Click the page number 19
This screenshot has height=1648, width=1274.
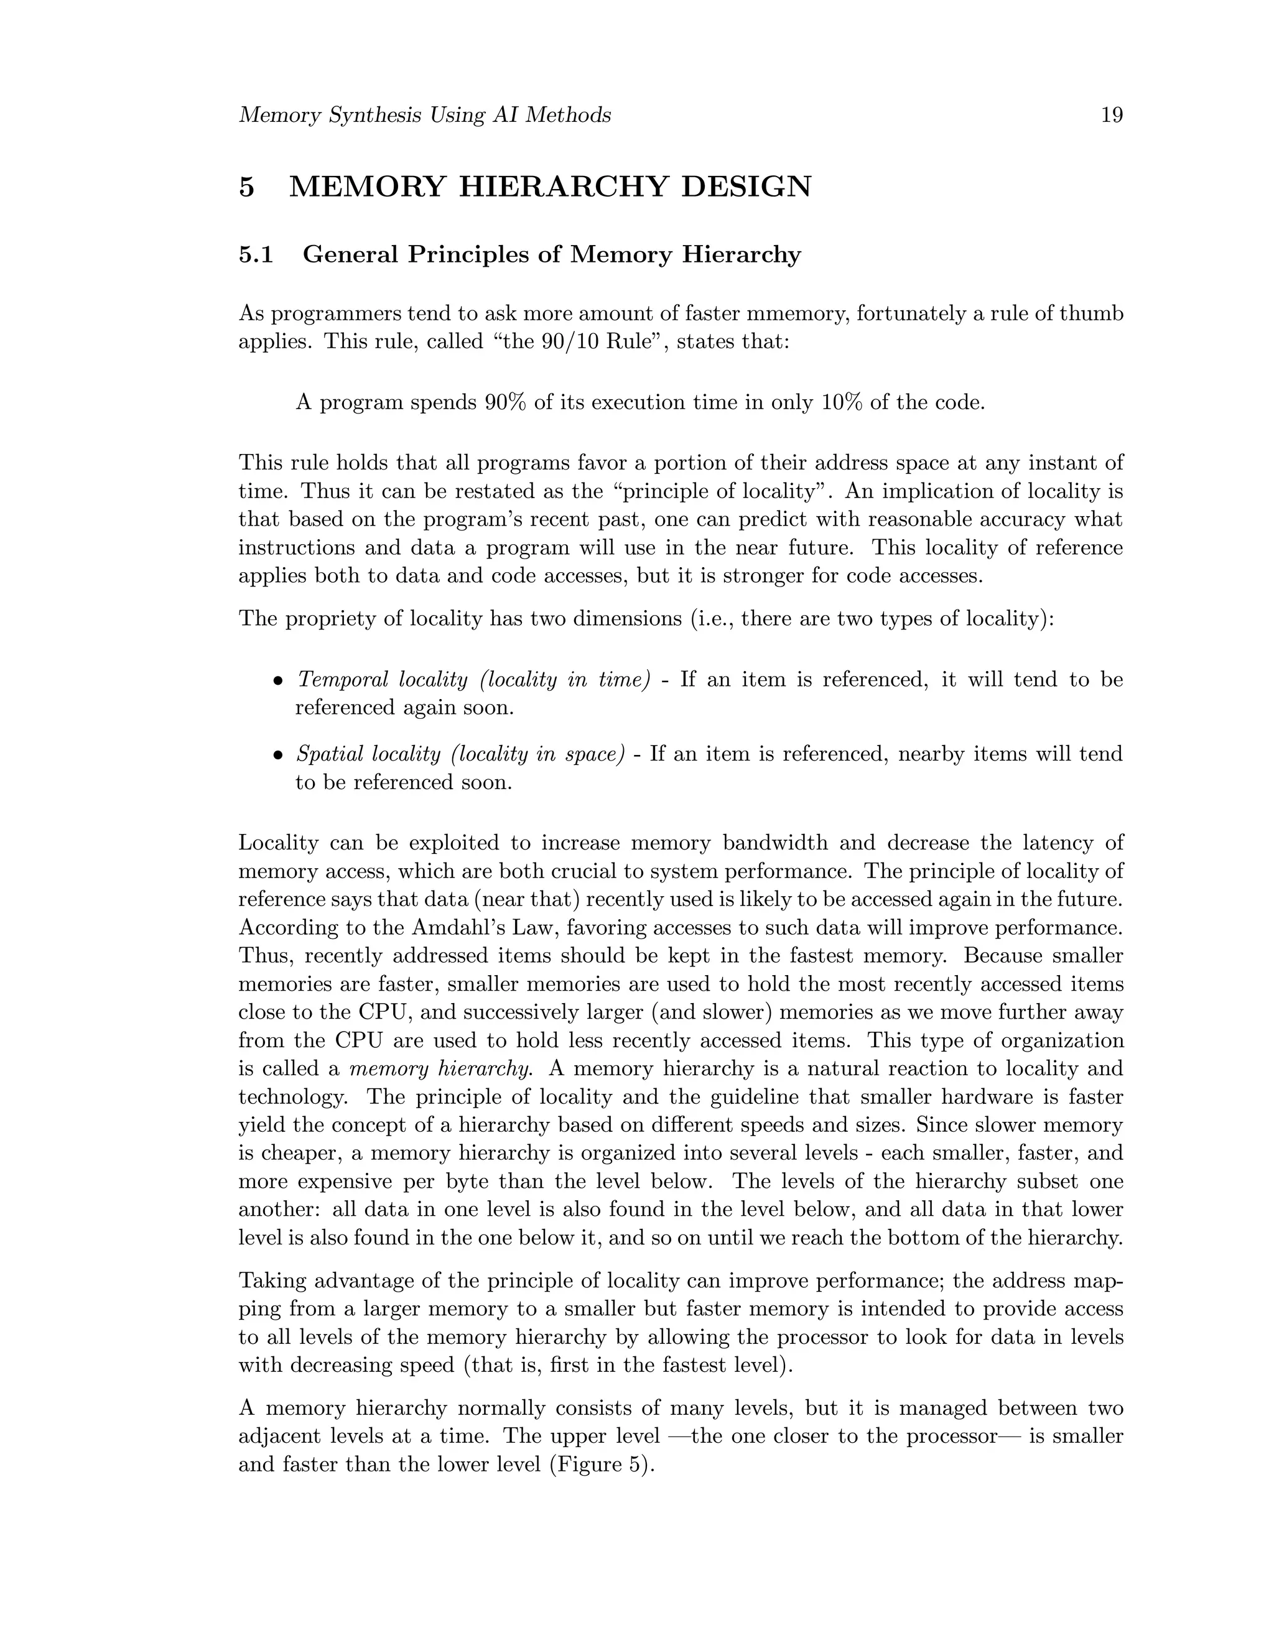point(1112,116)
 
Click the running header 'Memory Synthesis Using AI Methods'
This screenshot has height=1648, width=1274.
point(424,116)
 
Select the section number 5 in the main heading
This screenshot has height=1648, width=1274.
point(247,187)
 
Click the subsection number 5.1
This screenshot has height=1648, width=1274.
point(256,255)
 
